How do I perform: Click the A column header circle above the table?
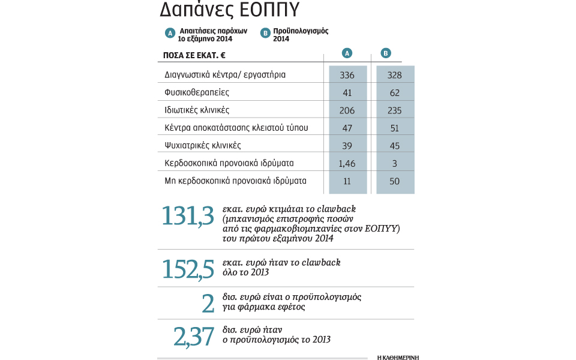[347, 53]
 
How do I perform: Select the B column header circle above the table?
[386, 53]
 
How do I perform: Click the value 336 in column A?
[347, 75]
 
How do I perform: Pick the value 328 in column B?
[394, 75]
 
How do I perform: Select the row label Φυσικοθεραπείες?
[197, 93]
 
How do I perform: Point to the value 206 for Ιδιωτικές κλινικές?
[347, 110]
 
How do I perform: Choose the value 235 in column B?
[394, 110]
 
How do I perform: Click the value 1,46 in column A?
[347, 163]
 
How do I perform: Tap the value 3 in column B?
[394, 163]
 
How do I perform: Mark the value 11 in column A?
[347, 181]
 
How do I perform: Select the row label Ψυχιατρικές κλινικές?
[203, 146]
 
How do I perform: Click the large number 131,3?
[188, 217]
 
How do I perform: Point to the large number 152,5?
[188, 269]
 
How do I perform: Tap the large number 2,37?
[194, 337]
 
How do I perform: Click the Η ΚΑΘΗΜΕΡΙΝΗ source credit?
[398, 357]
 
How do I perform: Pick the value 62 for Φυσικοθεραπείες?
[394, 93]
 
